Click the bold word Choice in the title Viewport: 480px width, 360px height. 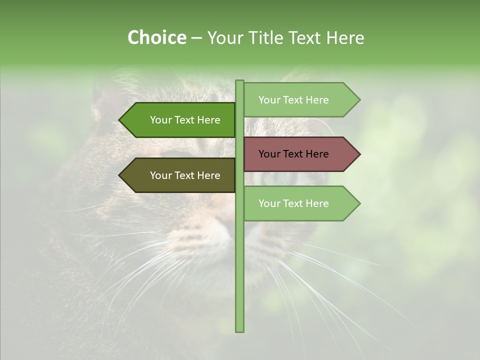pos(156,38)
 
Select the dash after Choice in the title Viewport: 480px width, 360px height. pos(196,38)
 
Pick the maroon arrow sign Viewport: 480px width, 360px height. pos(300,154)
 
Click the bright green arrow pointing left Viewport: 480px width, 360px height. pos(177,120)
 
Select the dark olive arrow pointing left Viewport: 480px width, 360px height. pos(177,175)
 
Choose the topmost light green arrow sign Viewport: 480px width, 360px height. pos(300,100)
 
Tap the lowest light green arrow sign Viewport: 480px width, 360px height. pos(300,203)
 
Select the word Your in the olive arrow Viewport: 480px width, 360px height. pos(161,175)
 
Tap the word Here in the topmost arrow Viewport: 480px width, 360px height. pos(317,100)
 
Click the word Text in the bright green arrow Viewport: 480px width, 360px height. pos(185,120)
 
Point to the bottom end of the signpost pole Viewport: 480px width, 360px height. pos(239,330)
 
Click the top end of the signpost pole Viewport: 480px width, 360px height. pos(239,82)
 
